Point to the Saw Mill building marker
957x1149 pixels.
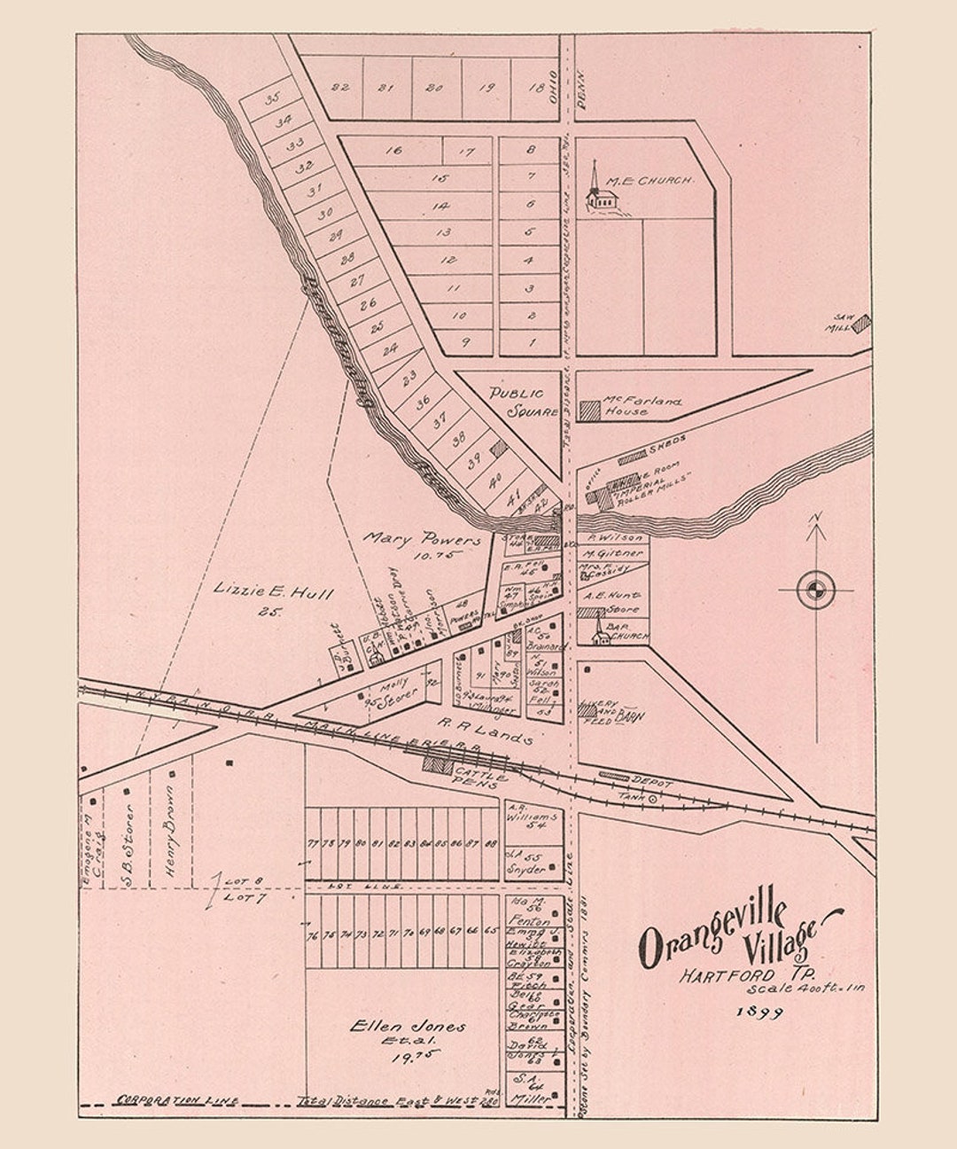tap(860, 324)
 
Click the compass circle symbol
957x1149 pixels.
tap(816, 590)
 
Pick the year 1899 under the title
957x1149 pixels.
tap(759, 1012)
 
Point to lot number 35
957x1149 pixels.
tap(272, 98)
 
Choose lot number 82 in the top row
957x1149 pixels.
tap(339, 87)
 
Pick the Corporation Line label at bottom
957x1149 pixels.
tap(177, 1100)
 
